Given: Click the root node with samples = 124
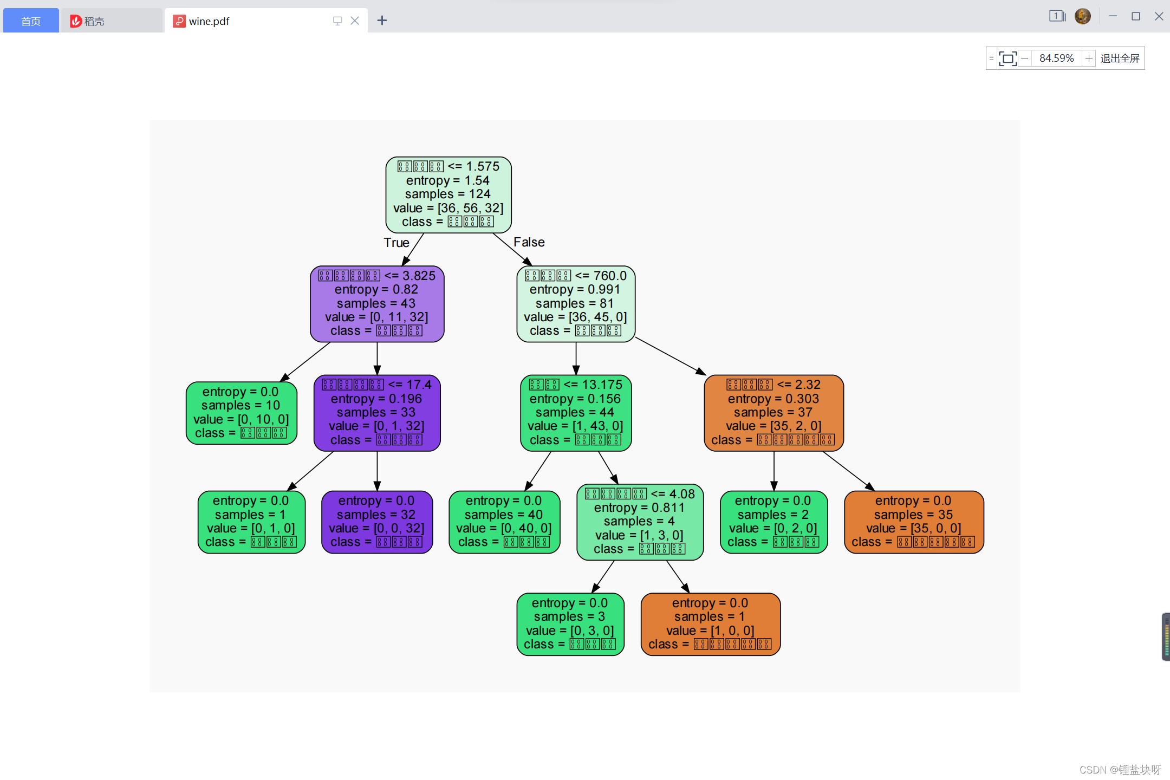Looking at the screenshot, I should (448, 194).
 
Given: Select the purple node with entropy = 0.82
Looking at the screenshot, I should (377, 303).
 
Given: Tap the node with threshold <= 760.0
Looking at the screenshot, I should (575, 303).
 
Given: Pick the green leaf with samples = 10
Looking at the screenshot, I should (241, 413).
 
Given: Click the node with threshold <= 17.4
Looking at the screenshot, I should (377, 413).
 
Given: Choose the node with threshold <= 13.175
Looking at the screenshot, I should (575, 413).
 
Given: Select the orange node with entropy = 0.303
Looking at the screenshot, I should (773, 413).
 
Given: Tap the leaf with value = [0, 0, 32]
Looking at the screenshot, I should (377, 522).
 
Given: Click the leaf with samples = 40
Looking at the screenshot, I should (504, 522).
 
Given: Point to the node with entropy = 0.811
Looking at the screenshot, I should (640, 522).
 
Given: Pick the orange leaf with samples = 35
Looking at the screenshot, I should (913, 522).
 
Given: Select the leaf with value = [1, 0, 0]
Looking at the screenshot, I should (710, 624).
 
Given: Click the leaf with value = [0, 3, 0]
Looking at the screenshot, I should (570, 624).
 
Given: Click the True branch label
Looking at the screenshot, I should (396, 243).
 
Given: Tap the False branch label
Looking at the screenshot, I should (529, 242).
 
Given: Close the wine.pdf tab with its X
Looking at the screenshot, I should (355, 21).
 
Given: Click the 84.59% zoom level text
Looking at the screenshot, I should (1056, 58).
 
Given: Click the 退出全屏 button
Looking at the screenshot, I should (1120, 58).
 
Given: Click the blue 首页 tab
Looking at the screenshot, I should (31, 21).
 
